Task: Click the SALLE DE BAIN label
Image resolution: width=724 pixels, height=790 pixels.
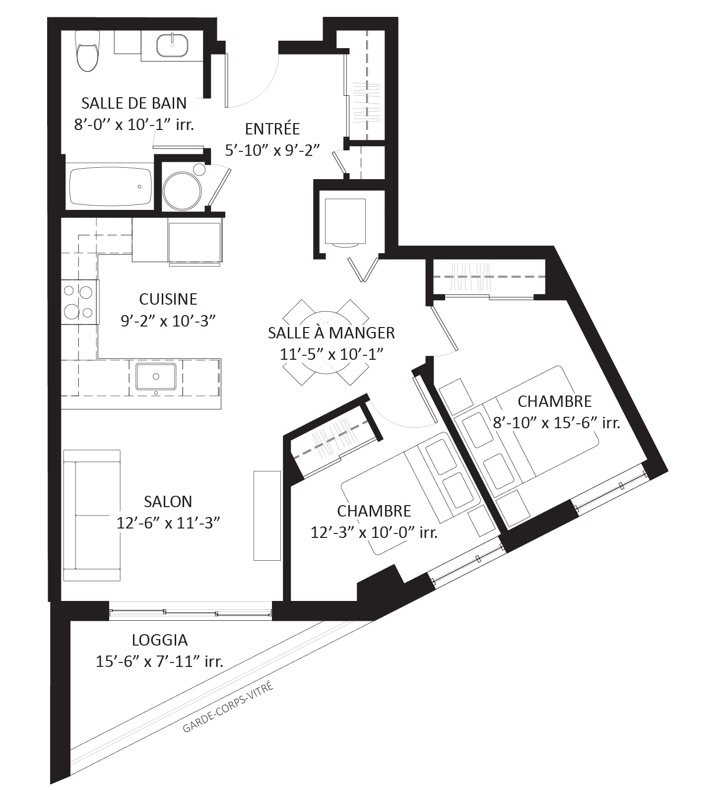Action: tap(134, 103)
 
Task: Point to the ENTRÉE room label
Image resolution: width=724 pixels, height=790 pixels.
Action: tap(272, 129)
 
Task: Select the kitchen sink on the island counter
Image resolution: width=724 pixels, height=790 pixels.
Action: tap(156, 377)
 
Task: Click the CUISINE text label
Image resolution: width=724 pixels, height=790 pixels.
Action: tap(168, 299)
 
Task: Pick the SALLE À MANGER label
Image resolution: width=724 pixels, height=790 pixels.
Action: tap(331, 332)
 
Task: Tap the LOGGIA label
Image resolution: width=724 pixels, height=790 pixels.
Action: tap(160, 640)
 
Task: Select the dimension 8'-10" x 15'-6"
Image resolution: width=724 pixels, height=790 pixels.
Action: tap(544, 423)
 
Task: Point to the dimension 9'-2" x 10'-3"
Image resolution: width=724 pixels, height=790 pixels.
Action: tap(168, 321)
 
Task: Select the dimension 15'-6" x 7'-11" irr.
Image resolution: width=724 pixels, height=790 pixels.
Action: tap(159, 661)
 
